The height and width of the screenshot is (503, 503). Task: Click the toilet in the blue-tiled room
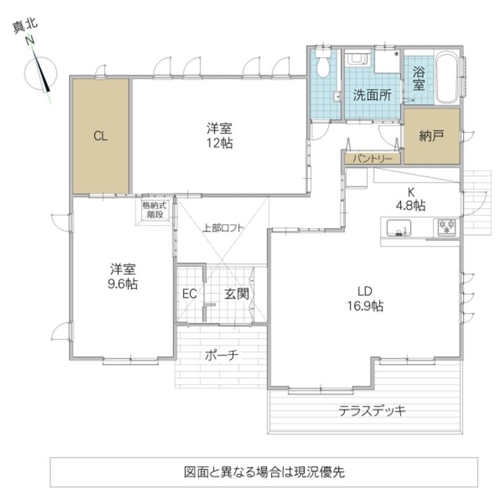point(323,66)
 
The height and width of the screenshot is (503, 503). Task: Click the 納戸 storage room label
point(432,136)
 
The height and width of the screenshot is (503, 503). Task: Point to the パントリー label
point(371,159)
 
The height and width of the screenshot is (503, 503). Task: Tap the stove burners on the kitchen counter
point(446,226)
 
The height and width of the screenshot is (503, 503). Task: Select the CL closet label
point(101,136)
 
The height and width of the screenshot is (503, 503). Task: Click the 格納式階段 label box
point(154,210)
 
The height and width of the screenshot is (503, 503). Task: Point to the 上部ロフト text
point(224,227)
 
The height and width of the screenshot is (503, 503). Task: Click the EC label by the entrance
point(189,293)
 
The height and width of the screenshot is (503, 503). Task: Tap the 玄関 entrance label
point(236,294)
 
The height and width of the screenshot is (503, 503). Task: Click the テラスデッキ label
point(372,411)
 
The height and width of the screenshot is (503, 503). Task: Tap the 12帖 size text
point(219,143)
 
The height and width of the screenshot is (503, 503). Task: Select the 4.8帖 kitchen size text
point(411,205)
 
